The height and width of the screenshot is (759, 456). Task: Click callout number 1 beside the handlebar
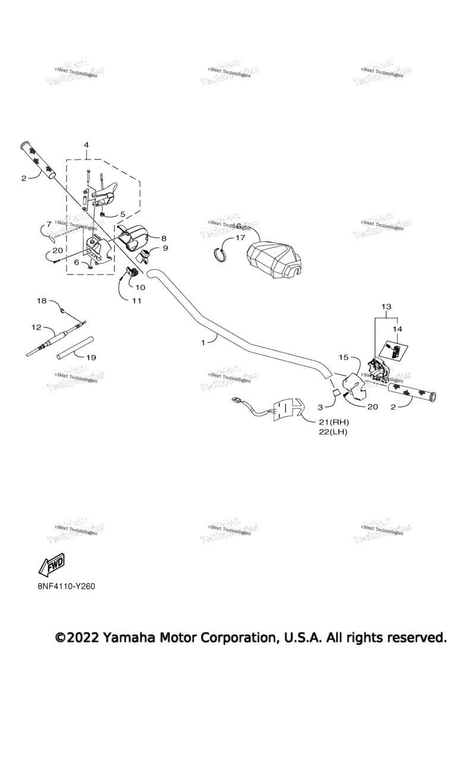click(203, 343)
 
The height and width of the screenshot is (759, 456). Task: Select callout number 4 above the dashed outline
click(86, 145)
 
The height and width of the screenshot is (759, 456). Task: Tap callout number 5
click(123, 214)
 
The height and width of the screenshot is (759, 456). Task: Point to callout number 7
click(49, 225)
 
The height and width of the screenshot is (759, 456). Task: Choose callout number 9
click(165, 248)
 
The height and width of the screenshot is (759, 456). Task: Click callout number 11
click(137, 301)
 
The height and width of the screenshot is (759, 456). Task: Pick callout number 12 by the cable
click(36, 327)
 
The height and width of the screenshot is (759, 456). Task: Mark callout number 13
click(387, 307)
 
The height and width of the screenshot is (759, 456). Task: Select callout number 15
click(343, 358)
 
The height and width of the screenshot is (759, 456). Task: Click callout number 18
click(42, 301)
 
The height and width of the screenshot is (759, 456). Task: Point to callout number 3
click(320, 407)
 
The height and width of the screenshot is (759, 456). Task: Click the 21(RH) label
click(333, 422)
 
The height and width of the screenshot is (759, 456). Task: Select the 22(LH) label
click(333, 432)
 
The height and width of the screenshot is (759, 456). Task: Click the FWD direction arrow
click(52, 566)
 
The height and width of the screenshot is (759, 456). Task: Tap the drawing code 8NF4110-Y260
click(66, 586)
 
